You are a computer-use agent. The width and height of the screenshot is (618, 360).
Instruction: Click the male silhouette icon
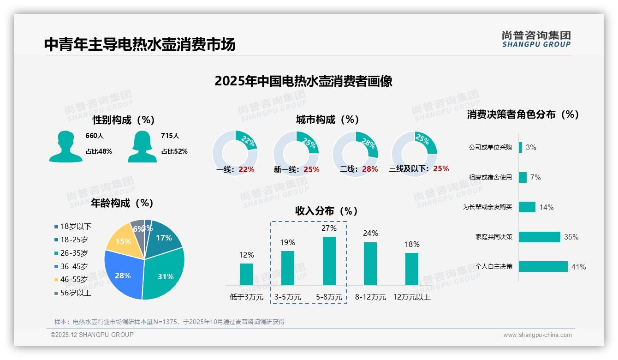point(65,146)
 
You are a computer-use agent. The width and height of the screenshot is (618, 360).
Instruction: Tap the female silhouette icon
point(142,146)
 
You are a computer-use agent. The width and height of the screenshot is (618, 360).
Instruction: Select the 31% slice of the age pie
point(164,275)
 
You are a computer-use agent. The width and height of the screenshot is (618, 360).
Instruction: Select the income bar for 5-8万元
point(329,261)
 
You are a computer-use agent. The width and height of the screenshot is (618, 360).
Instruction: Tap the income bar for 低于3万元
point(246,274)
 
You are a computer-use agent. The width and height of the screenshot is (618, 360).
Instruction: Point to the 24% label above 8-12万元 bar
point(370,234)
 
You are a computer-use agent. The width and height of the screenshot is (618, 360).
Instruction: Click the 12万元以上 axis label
point(411,297)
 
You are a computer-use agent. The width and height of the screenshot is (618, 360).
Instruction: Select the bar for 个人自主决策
point(543,267)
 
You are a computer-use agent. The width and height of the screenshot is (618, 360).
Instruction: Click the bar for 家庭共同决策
point(539,237)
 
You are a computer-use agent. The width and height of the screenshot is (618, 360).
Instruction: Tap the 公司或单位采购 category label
point(490,147)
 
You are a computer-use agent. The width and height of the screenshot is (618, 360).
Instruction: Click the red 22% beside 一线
point(246,169)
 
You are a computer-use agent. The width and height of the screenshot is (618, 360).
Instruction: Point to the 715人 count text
point(170,136)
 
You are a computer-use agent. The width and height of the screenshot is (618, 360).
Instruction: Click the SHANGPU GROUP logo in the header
point(536,39)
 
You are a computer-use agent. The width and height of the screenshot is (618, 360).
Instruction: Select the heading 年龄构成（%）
point(122,203)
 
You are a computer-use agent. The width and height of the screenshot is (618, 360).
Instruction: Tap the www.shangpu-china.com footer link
point(537,335)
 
